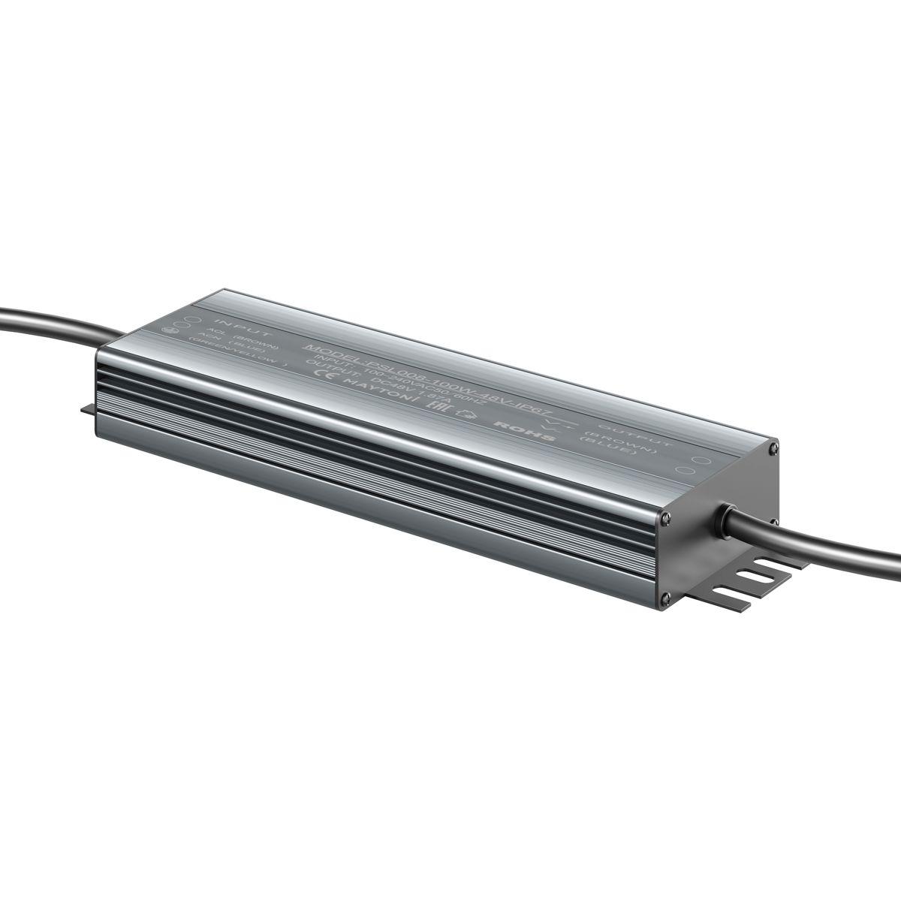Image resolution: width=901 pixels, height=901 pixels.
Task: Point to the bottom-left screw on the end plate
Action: (x=665, y=598)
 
